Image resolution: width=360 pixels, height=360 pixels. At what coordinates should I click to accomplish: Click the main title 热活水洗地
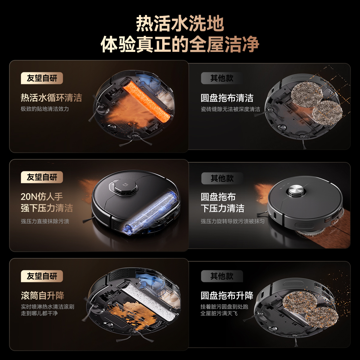180,24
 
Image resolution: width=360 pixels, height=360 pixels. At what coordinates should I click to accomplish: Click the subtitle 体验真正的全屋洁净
180,45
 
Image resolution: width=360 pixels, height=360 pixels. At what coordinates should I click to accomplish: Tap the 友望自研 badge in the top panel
42,78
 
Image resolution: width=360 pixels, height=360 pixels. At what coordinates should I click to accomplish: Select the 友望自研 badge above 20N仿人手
42,177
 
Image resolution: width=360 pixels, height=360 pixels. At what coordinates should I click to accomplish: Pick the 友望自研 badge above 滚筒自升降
42,276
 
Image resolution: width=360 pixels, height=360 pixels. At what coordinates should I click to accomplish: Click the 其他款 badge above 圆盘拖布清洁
222,78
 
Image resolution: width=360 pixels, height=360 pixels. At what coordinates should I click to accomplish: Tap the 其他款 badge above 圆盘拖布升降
222,276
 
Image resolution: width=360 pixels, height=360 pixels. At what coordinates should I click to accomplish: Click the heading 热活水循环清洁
51,98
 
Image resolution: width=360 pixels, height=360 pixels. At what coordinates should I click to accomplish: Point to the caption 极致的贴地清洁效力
45,109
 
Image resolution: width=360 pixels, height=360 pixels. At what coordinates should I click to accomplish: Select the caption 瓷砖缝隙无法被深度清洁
230,109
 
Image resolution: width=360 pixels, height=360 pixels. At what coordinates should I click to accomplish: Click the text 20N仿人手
41,196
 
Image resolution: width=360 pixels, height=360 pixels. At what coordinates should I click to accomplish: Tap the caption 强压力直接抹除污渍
45,221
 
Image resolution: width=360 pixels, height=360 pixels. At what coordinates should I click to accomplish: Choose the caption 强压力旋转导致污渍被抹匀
232,221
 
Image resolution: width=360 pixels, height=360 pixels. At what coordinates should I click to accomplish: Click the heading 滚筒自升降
42,296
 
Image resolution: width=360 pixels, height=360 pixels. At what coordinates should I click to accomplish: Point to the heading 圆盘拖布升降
227,295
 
